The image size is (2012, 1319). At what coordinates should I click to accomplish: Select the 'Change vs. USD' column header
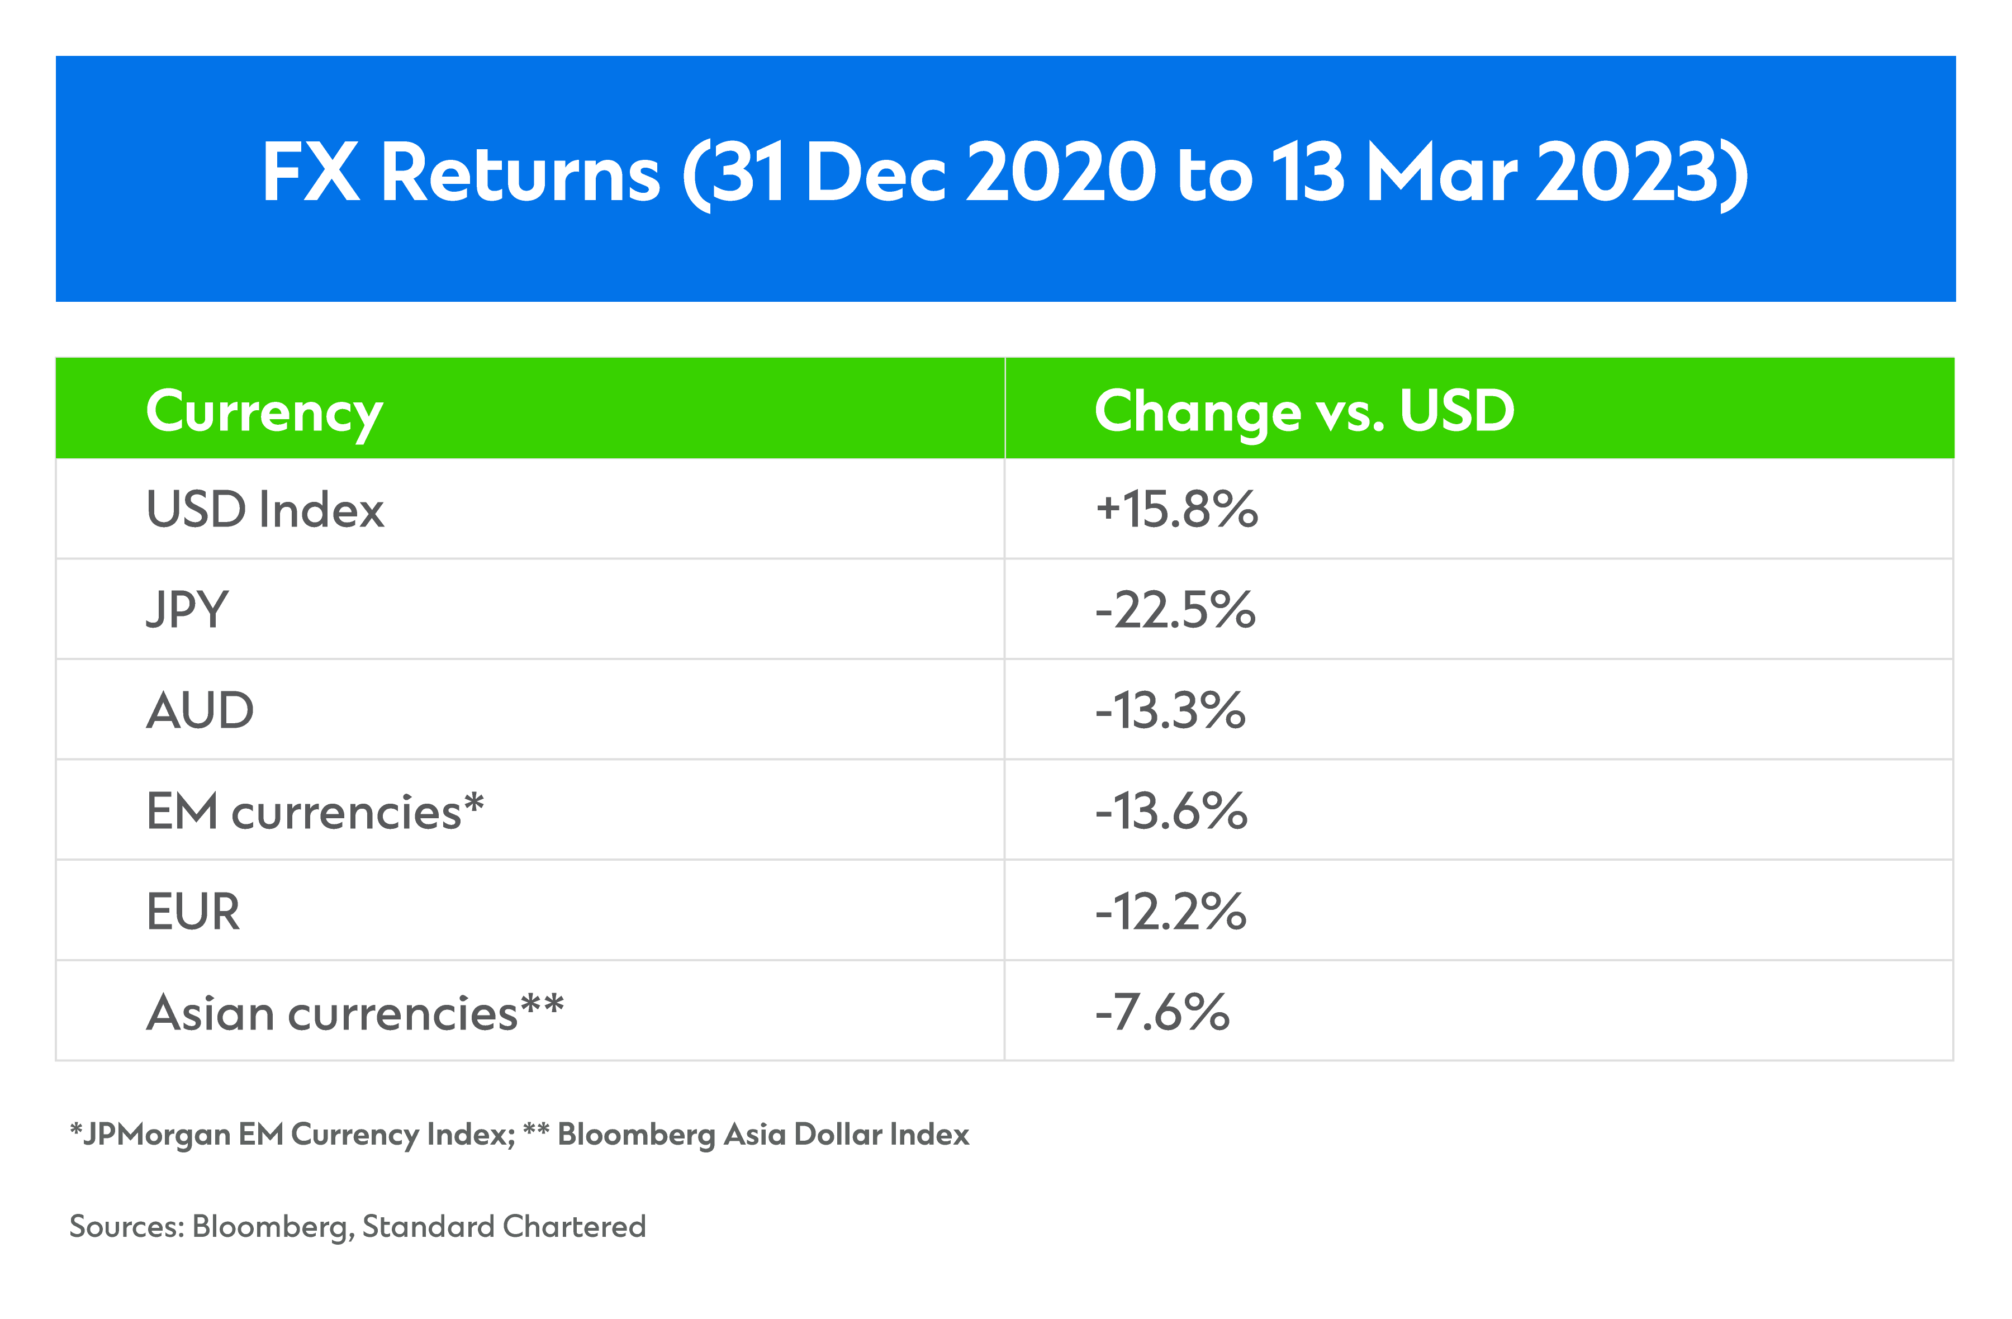point(1304,412)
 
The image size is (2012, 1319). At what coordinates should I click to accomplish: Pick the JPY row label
point(187,610)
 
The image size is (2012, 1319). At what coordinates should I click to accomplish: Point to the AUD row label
point(200,710)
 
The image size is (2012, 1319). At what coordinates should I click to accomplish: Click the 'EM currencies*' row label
point(315,811)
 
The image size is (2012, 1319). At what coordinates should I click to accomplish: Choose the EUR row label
point(193,912)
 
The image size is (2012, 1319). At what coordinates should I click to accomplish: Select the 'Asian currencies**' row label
point(355,1012)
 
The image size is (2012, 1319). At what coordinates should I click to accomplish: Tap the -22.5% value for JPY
point(1176,610)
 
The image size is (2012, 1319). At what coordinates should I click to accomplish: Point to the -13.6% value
point(1171,811)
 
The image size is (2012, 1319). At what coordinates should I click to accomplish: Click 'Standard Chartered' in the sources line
point(504,1227)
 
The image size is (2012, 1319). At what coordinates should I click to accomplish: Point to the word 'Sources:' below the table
point(127,1227)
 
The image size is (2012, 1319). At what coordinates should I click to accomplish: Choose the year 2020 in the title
point(1060,173)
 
